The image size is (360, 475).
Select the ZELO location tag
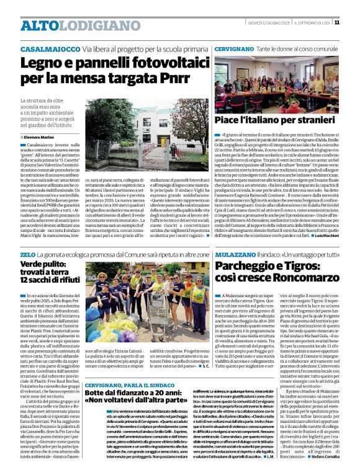[27, 255]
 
